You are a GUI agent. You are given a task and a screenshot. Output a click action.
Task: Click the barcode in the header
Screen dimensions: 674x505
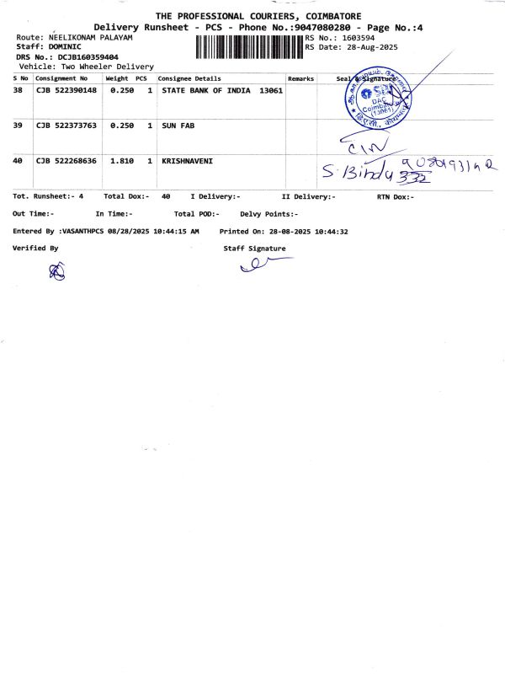(249, 47)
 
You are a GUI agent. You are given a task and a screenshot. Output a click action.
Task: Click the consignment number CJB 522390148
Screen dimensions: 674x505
(66, 89)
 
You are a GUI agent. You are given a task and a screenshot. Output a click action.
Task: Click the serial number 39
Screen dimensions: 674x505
(18, 125)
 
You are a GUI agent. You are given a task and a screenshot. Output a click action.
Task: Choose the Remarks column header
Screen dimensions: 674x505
(300, 78)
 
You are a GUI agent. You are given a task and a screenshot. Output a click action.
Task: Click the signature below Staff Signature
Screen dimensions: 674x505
(263, 265)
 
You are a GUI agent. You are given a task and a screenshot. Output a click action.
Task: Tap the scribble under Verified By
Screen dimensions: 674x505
(57, 270)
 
